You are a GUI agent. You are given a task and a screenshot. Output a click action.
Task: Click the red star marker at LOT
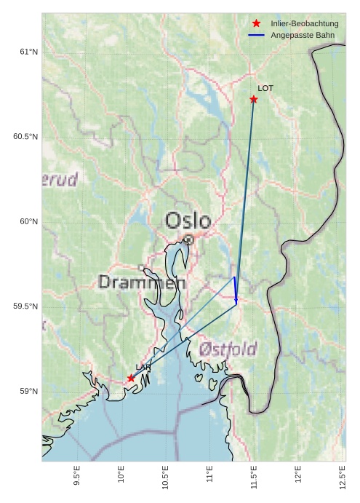coord(254,99)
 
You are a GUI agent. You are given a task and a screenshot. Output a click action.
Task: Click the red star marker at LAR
coord(131,378)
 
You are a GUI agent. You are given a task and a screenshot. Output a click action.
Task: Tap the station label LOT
coord(265,88)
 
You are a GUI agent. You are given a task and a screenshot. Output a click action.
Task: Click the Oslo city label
coord(188,220)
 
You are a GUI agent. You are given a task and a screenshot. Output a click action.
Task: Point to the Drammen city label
coord(142,282)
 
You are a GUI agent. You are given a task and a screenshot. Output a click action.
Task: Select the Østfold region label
coord(228,349)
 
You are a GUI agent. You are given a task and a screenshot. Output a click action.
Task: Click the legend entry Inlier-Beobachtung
coord(304,24)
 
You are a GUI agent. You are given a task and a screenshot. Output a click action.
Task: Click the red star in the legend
coord(256,24)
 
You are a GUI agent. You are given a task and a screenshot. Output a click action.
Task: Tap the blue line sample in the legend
coord(256,35)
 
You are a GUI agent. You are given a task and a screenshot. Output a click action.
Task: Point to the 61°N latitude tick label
coord(28,52)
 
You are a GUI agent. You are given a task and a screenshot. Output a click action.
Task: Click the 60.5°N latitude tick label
coord(25,137)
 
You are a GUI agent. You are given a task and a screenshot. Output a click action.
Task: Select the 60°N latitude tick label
coord(28,221)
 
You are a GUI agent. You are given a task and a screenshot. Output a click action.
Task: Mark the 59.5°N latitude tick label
coord(25,306)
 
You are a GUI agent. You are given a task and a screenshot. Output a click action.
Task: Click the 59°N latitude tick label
coord(28,392)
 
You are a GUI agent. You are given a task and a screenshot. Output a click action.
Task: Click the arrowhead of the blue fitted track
coord(236,301)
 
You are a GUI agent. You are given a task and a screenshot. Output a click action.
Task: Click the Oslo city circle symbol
coord(188,239)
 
